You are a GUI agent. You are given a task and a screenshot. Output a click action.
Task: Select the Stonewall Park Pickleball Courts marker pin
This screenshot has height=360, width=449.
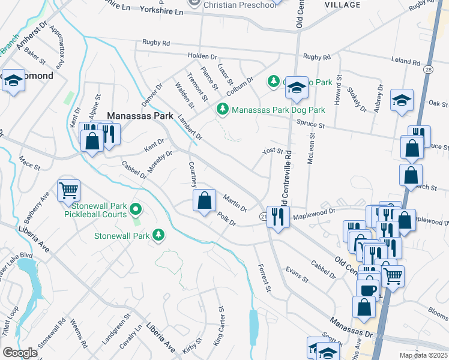[135, 209]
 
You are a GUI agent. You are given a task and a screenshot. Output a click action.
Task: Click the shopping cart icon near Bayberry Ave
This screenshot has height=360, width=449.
[68, 190]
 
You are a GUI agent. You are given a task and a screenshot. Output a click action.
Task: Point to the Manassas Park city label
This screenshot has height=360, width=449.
[143, 115]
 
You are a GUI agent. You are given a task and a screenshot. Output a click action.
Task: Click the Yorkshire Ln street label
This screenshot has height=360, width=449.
[161, 11]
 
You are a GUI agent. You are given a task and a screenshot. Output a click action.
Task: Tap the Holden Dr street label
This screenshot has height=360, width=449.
[202, 56]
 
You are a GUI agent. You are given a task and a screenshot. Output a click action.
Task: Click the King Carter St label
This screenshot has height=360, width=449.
[220, 325]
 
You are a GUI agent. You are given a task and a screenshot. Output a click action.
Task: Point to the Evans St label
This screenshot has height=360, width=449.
[297, 275]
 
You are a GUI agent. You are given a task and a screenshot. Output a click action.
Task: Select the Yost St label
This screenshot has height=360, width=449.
[272, 151]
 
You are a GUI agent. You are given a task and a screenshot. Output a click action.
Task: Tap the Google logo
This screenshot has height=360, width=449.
[20, 353]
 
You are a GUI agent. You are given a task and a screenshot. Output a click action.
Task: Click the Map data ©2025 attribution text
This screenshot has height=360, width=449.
[423, 355]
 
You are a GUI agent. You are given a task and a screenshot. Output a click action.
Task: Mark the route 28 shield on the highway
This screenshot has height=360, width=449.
[429, 70]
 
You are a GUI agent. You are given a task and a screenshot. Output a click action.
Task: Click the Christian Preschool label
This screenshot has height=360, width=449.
[240, 5]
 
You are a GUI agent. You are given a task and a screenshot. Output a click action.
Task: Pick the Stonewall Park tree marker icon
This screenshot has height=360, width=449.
[158, 235]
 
